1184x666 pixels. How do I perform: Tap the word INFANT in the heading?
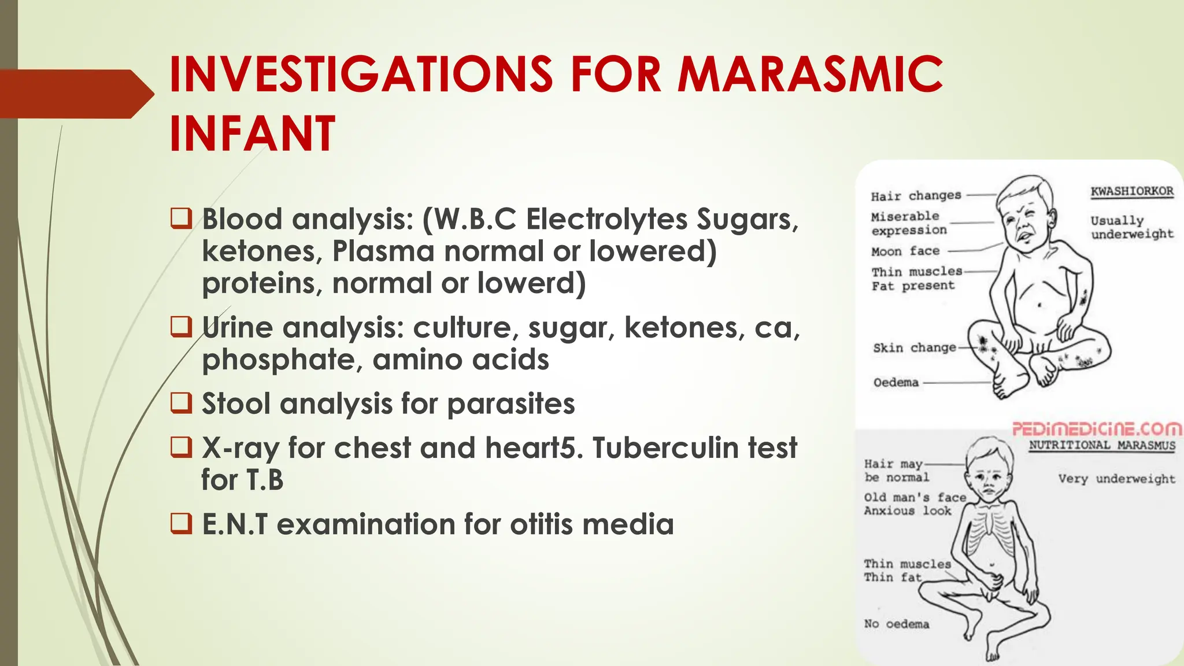coord(252,134)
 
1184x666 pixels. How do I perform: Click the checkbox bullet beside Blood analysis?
coord(181,219)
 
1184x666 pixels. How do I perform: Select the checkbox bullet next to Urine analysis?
coord(181,327)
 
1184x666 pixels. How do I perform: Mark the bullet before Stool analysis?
coord(181,403)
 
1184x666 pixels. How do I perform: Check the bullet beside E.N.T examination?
coord(181,523)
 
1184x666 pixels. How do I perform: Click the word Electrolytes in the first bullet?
coord(606,220)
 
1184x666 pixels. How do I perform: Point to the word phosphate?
coord(282,360)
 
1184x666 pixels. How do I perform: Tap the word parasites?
coord(511,404)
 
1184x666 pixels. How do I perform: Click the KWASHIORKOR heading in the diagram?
coord(1132,191)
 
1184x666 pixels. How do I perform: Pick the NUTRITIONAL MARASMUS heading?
coord(1102,445)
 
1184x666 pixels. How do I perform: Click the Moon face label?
coord(905,251)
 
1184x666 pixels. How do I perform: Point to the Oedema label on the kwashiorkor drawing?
coord(896,382)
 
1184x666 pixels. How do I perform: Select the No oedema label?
coord(897,624)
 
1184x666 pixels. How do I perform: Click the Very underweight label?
coord(1116,479)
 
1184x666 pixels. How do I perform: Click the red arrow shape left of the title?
coord(75,94)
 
